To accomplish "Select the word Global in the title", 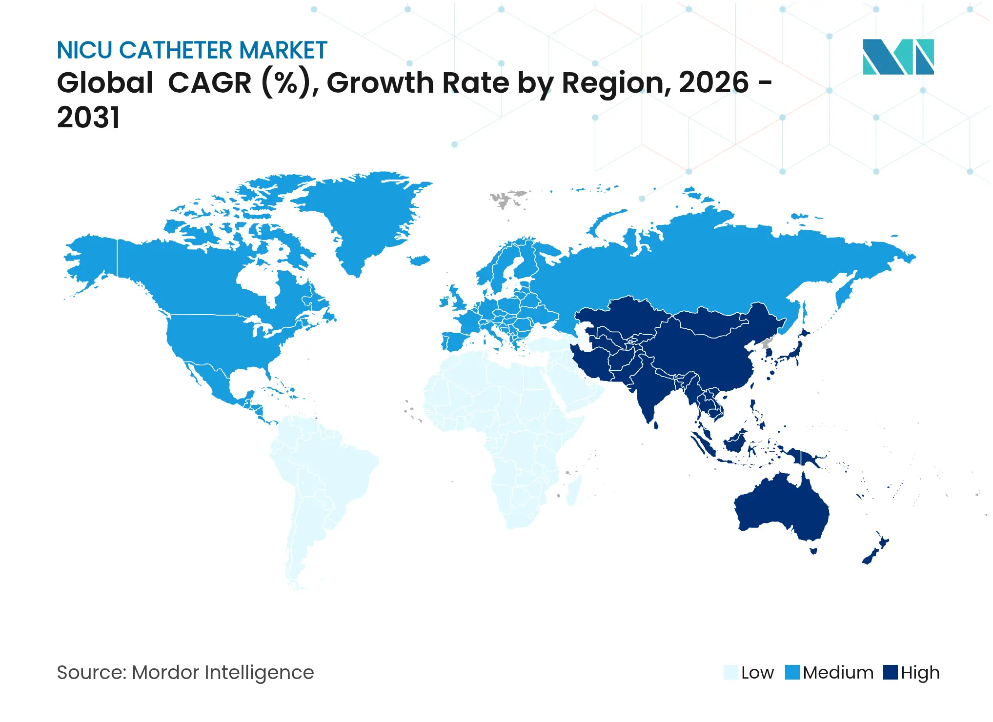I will pyautogui.click(x=105, y=82).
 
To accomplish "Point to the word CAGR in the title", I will pyautogui.click(x=210, y=82).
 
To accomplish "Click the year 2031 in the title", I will pyautogui.click(x=88, y=118).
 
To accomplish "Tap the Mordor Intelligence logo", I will pyautogui.click(x=898, y=57).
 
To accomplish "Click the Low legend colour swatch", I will pyautogui.click(x=730, y=672).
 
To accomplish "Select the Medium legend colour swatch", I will pyautogui.click(x=792, y=672).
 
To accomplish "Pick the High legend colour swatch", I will pyautogui.click(x=891, y=672).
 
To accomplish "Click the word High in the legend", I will pyautogui.click(x=920, y=673).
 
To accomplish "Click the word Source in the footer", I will pyautogui.click(x=91, y=672).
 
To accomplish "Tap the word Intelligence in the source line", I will pyautogui.click(x=259, y=673).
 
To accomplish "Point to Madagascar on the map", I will pyautogui.click(x=574, y=490).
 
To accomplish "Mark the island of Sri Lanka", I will pyautogui.click(x=656, y=425).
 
